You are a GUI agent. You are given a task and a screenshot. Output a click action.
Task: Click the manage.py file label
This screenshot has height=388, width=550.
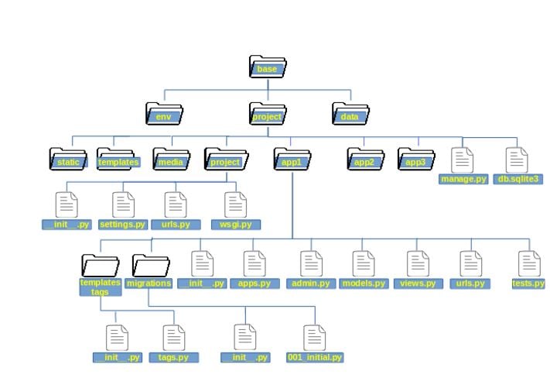(x=463, y=179)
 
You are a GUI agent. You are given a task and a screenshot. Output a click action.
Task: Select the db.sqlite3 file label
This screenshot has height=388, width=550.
(x=518, y=179)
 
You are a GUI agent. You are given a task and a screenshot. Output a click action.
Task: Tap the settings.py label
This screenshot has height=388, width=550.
(x=123, y=225)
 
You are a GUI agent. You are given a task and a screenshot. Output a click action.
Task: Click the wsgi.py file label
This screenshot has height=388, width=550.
(x=235, y=225)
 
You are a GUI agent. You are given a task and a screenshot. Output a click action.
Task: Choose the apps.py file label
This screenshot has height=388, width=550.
(x=254, y=283)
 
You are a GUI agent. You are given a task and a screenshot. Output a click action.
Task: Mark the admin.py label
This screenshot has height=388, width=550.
(x=311, y=283)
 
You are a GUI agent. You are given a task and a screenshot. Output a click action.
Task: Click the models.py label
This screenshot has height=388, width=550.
(x=364, y=283)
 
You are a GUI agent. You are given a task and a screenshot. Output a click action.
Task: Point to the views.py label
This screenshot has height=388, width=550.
(x=418, y=283)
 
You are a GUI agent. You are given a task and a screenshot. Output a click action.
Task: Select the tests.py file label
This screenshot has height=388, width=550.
(x=529, y=283)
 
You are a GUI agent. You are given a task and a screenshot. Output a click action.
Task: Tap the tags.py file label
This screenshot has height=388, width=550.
(x=173, y=358)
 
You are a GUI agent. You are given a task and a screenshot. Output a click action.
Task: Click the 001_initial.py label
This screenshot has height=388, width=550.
(x=314, y=358)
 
